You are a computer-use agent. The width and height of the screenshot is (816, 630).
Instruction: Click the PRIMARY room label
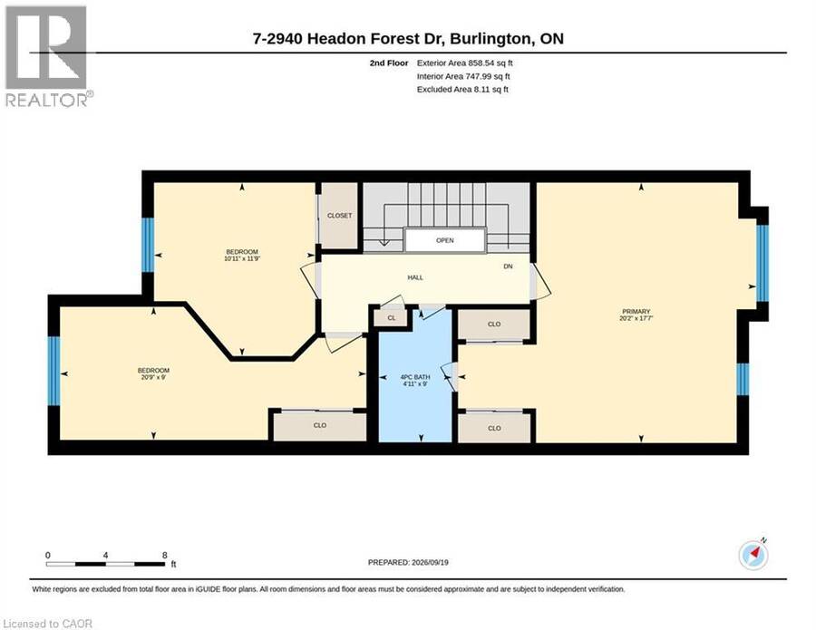(x=636, y=311)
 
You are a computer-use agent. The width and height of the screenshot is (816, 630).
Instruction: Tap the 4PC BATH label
(x=415, y=377)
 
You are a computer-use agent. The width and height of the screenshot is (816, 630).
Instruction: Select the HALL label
(x=415, y=277)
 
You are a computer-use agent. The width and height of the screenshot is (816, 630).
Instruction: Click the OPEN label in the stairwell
(x=445, y=240)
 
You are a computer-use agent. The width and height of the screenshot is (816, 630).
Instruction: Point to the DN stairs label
(x=508, y=267)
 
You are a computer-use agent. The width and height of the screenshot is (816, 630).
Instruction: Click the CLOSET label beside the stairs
(x=339, y=216)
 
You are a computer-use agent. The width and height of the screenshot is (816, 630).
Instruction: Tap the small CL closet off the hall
(x=392, y=318)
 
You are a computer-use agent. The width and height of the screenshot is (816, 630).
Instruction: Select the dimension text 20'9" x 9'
(x=153, y=377)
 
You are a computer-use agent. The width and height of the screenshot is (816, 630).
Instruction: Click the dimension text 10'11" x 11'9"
(x=242, y=258)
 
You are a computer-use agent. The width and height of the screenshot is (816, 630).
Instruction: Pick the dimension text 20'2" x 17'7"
(x=636, y=318)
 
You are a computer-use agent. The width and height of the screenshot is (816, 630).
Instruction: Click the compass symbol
(x=753, y=555)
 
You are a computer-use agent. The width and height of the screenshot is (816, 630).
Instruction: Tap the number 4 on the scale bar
(x=106, y=556)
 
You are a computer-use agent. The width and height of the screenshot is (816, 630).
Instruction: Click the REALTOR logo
(x=47, y=56)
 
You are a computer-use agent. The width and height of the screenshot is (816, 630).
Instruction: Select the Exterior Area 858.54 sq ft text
(x=465, y=63)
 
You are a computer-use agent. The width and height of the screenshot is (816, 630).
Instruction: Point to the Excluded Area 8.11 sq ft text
(x=462, y=90)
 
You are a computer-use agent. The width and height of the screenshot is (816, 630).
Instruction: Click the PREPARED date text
(x=408, y=562)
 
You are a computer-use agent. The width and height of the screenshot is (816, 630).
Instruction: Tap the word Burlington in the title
(x=490, y=39)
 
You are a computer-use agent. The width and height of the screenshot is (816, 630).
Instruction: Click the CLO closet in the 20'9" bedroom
(x=319, y=425)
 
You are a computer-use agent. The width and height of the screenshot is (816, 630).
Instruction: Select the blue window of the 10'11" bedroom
(x=149, y=245)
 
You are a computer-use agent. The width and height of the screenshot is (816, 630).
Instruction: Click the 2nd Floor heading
(x=389, y=63)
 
